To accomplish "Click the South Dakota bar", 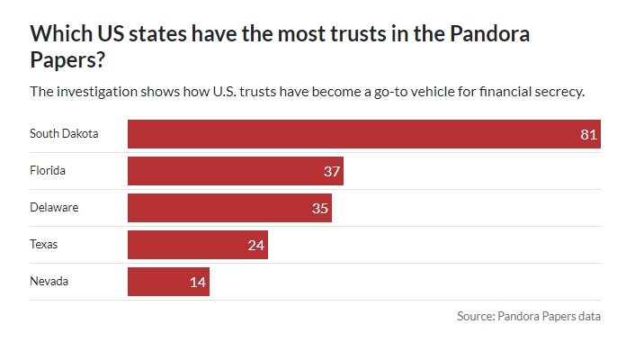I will point(363,134).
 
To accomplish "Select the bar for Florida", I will point(235,171).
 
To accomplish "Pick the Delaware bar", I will point(229,208).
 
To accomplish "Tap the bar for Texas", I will point(197,245).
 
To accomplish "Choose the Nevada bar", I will point(168,282).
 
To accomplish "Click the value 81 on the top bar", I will point(589,135).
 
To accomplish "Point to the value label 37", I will point(332,172).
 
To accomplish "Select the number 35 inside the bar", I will point(320,209).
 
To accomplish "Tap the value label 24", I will point(256,246).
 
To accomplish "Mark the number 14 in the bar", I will point(198,283).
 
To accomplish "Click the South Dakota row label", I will point(64,134).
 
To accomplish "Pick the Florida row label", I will point(48,171).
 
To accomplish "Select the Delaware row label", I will point(54,208).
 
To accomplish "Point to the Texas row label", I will point(44,245).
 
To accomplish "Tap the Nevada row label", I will point(49,282).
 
